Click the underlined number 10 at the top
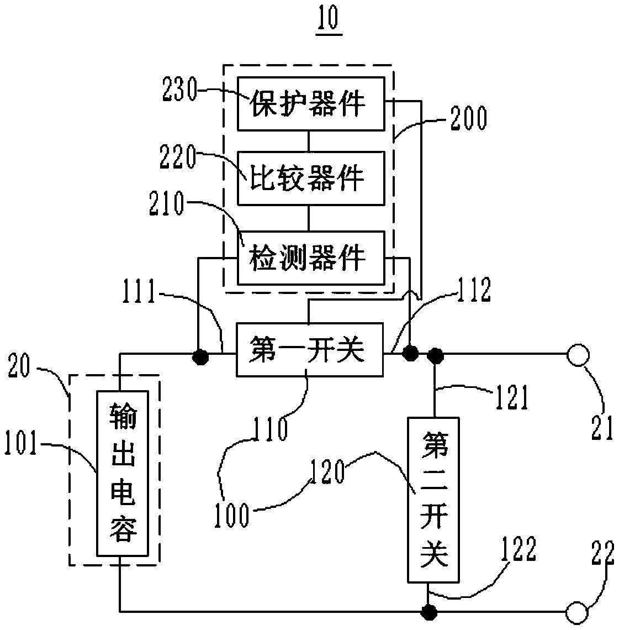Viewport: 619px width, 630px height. [329, 19]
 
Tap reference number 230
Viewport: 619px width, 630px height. [180, 89]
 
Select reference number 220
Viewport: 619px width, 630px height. [178, 157]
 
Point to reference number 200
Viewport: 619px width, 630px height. [468, 118]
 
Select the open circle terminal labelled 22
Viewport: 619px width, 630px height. [577, 612]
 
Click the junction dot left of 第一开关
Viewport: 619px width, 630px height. [200, 356]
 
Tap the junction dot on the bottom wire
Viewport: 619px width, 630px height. [428, 612]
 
